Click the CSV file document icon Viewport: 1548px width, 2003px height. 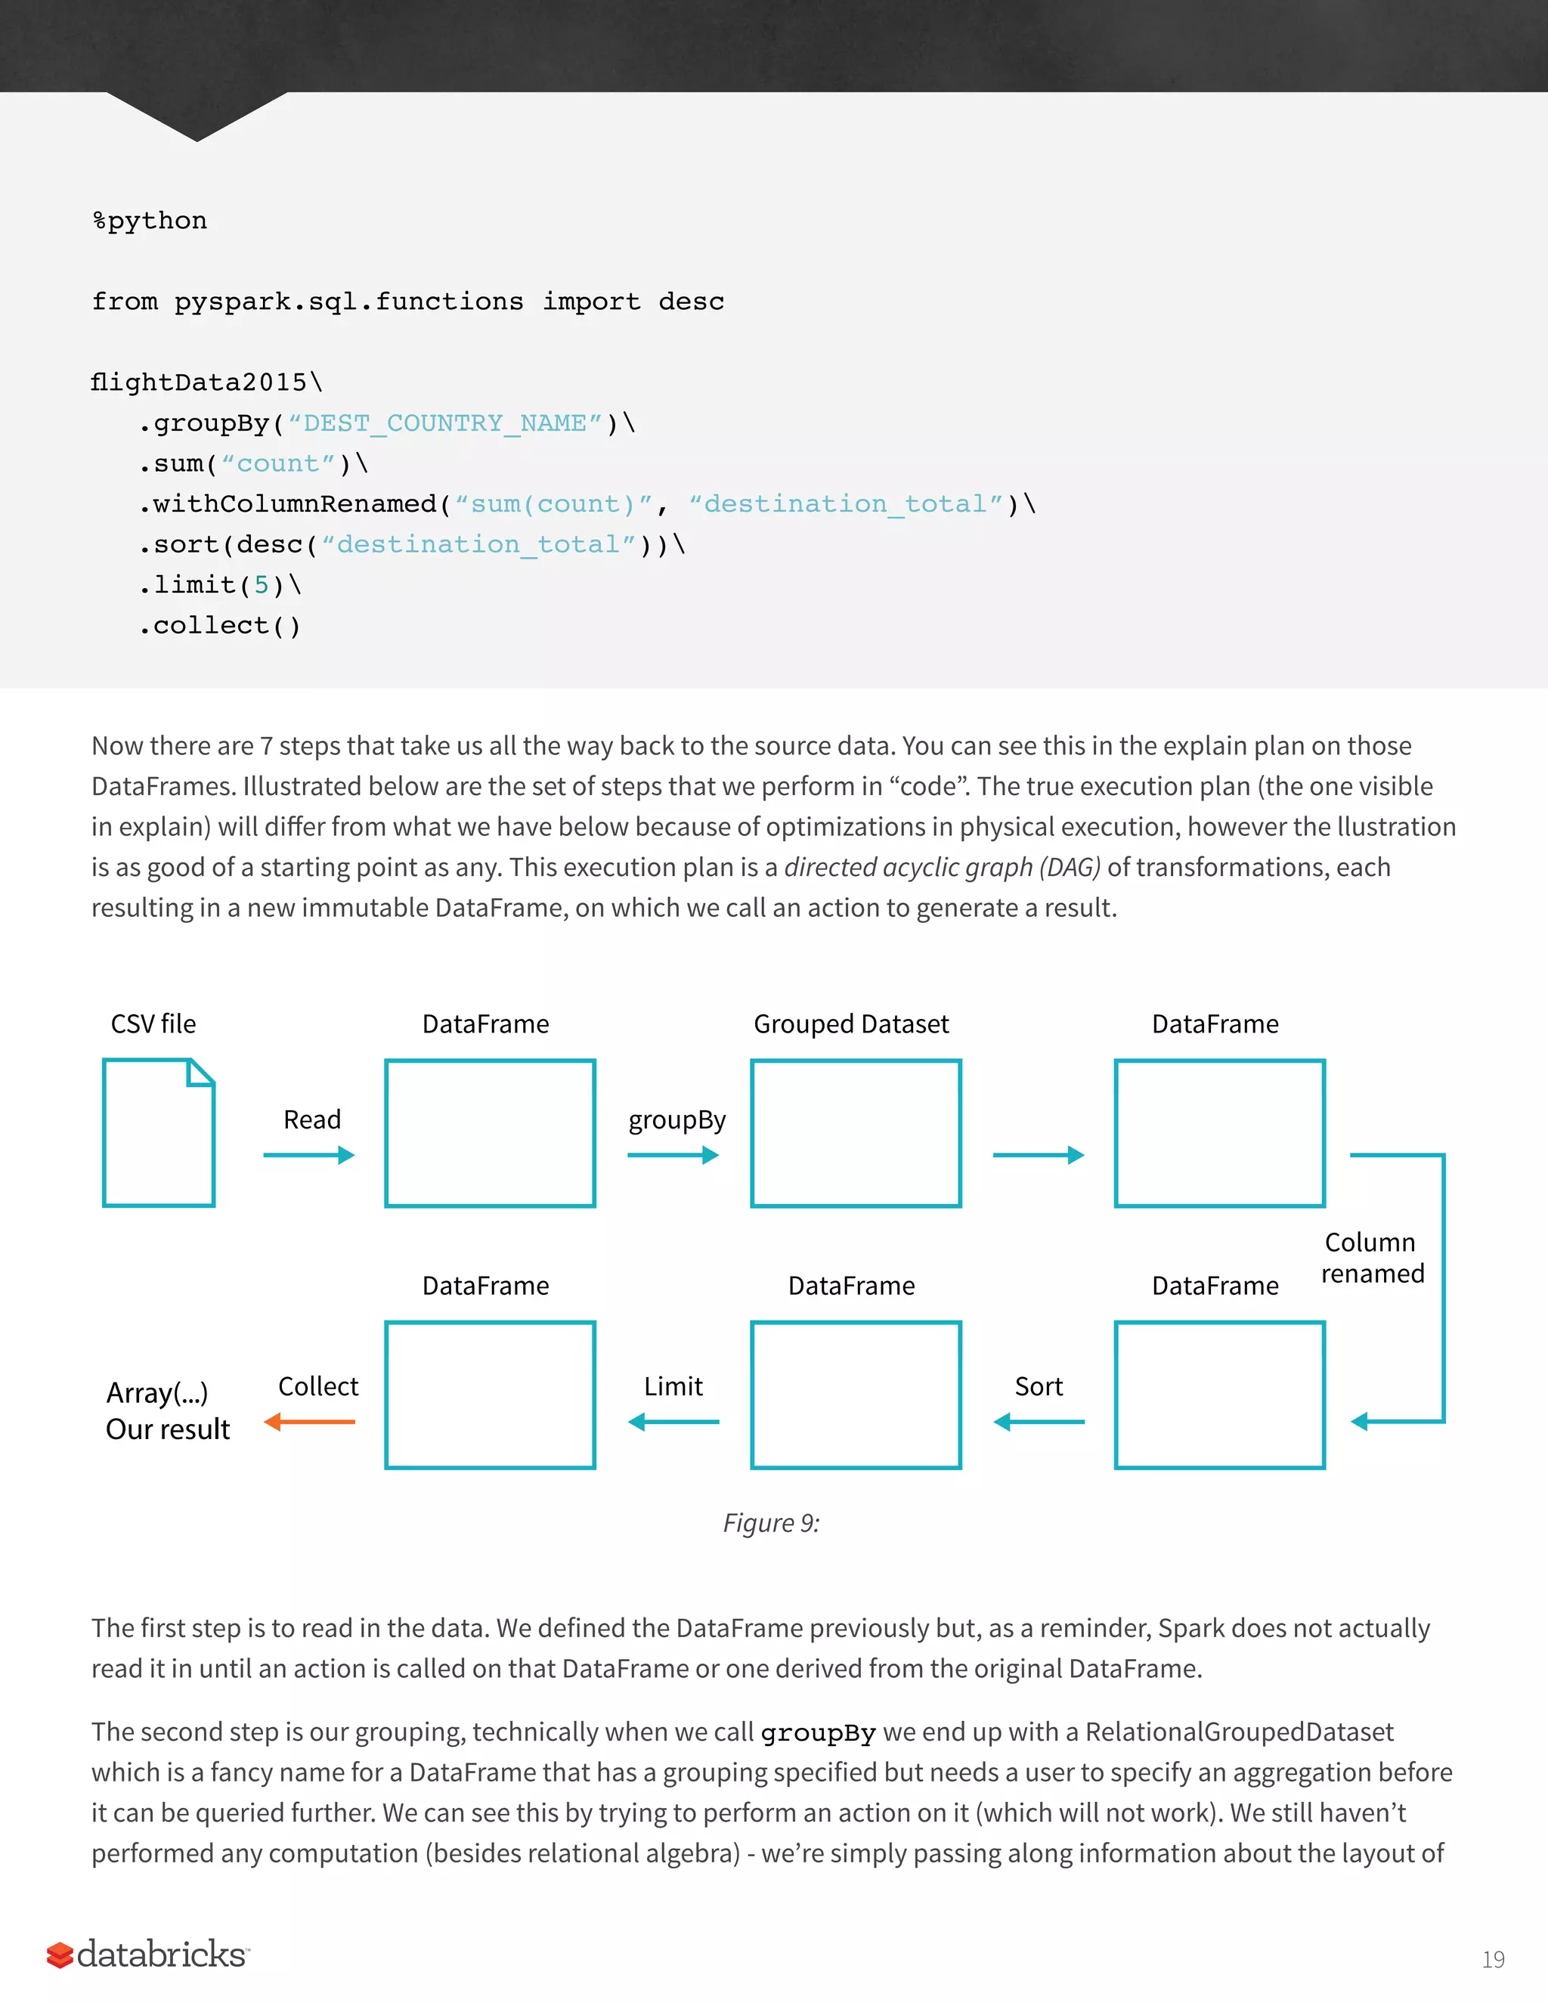(159, 1133)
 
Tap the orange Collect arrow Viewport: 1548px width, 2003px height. (309, 1422)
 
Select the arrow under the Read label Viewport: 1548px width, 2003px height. (309, 1156)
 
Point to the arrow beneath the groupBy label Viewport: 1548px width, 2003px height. (673, 1156)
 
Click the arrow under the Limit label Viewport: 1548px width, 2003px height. (673, 1422)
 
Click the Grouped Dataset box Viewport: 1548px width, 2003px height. (856, 1134)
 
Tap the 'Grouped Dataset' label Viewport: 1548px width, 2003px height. (851, 1023)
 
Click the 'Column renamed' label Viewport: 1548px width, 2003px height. (1372, 1258)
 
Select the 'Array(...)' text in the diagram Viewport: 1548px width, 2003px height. (156, 1393)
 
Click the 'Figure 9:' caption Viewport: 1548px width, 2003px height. (771, 1523)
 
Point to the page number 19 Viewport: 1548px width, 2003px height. (1493, 1960)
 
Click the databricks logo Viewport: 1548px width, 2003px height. (147, 1955)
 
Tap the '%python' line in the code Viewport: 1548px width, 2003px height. (150, 221)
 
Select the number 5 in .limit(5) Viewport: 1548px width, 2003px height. (262, 585)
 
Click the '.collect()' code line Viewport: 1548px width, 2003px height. (220, 626)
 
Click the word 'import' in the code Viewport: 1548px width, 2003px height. (592, 302)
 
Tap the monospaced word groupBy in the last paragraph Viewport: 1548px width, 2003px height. (818, 1733)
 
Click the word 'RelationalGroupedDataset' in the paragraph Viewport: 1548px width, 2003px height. (1239, 1732)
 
